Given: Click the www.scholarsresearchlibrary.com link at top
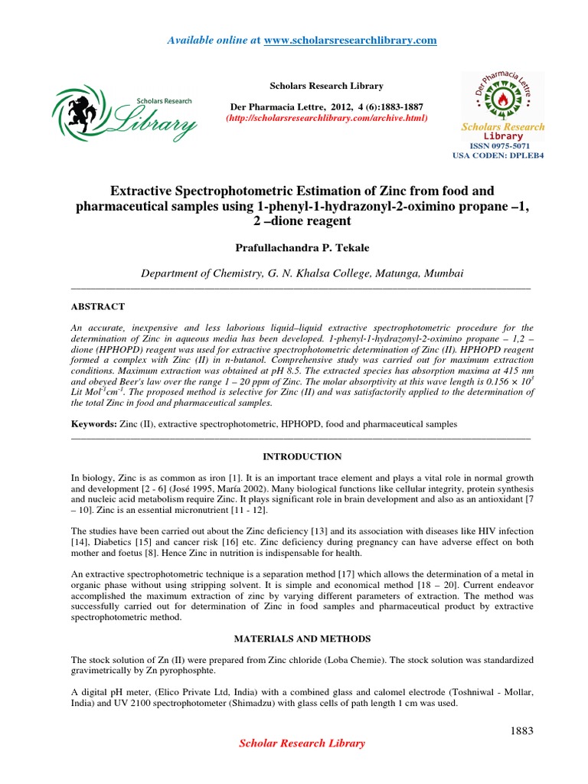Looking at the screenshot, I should click(350, 40).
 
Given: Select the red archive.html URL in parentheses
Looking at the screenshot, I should click(326, 119).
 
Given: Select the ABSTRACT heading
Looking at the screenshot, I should click(97, 306).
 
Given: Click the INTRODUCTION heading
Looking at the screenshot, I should click(302, 456).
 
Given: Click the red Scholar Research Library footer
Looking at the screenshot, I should click(302, 743).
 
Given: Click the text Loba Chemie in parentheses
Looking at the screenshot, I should click(307, 659).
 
